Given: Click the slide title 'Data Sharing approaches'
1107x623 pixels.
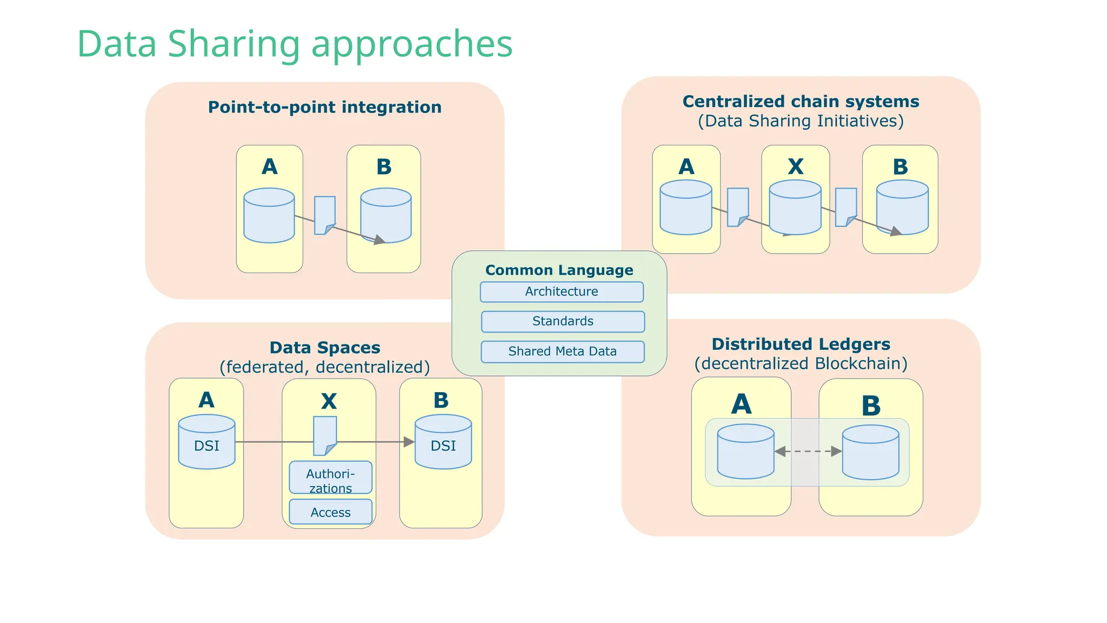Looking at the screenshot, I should coord(295,44).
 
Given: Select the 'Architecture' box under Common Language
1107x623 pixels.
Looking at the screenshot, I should coord(562,292).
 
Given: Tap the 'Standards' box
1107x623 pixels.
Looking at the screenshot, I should coord(563,321).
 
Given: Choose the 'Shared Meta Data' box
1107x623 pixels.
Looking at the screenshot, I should coord(562,352).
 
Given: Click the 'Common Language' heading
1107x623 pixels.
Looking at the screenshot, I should coord(559,270).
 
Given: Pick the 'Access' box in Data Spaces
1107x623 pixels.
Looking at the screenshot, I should coord(330,512).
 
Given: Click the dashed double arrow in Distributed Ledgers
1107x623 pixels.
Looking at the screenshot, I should coord(808,451).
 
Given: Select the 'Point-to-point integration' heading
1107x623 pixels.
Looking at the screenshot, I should coord(324,107).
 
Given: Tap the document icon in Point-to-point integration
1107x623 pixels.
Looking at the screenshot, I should coord(324,215).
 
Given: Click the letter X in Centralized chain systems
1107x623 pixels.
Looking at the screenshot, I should coord(795,167).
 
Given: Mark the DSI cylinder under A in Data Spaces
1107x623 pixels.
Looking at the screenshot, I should coord(206,442).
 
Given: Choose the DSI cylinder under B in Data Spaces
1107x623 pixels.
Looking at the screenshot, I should coord(443,442).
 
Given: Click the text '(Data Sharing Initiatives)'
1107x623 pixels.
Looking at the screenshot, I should coord(801,121).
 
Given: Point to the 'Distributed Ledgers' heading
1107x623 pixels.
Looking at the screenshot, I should coord(801,344).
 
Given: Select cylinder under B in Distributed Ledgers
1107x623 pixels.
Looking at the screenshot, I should coord(870,452).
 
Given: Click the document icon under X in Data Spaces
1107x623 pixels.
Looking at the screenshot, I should coord(325,435).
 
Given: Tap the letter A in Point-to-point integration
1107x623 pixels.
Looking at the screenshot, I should coord(269,167).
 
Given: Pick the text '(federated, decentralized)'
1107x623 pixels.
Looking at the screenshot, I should coord(324,367).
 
